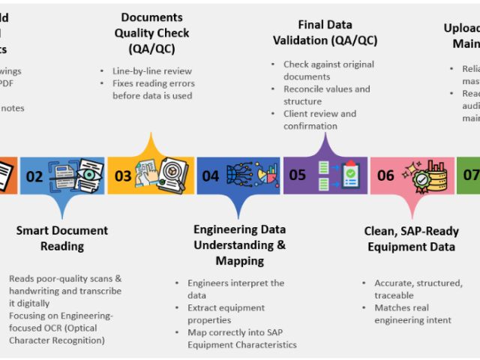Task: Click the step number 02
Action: [x=34, y=177]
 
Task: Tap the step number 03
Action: [x=122, y=177]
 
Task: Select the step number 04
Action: [x=211, y=177]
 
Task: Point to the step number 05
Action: [x=298, y=175]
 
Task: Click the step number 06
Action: [x=385, y=176]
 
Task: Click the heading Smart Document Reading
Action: [x=62, y=238]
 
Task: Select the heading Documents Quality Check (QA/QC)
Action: [x=152, y=33]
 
